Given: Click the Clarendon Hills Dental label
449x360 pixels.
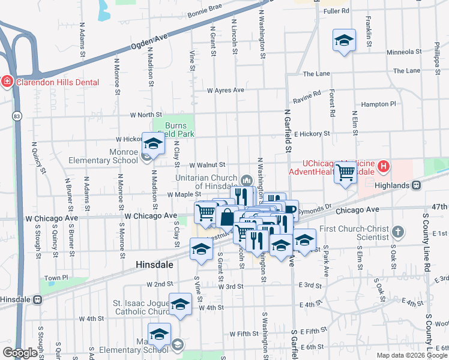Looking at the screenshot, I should click(x=58, y=82).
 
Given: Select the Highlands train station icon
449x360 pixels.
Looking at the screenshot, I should click(x=416, y=186).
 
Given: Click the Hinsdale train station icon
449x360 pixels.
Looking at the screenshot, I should click(x=37, y=299).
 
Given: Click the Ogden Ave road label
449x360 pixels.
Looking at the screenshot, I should click(x=148, y=45).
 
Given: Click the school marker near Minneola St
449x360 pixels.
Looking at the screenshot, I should click(x=343, y=41).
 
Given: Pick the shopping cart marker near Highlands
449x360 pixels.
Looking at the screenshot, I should click(x=346, y=172).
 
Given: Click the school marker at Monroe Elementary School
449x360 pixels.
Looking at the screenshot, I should click(x=153, y=144).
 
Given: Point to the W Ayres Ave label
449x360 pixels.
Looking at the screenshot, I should click(x=225, y=90).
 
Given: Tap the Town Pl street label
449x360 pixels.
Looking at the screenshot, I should click(x=56, y=278).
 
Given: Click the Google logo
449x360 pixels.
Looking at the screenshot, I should click(x=20, y=353).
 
